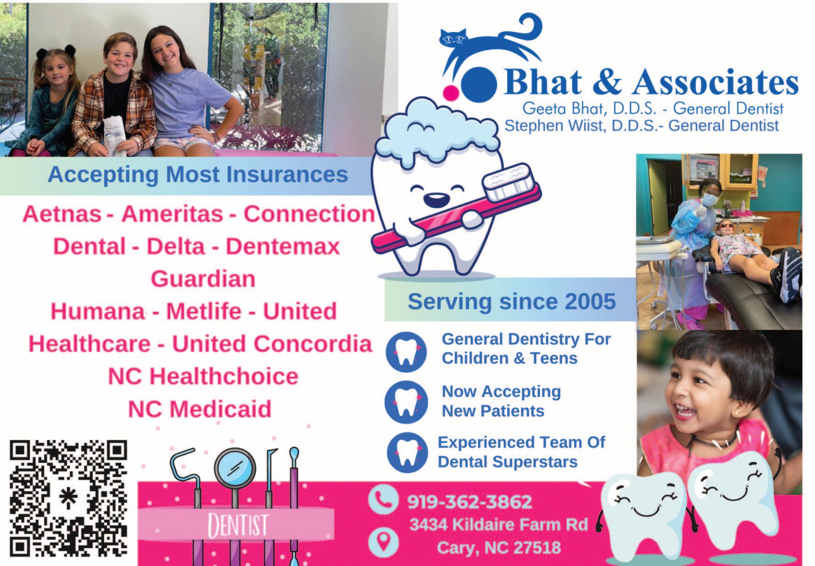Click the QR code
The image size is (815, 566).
tap(69, 499)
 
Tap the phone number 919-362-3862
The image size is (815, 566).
tap(469, 502)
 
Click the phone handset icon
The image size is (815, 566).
tap(383, 499)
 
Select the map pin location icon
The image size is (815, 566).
tap(383, 540)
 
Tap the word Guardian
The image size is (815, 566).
tap(203, 279)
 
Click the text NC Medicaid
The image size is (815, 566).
tap(200, 409)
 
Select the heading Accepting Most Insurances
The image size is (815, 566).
tap(198, 175)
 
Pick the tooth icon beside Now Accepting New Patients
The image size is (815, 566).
tap(406, 402)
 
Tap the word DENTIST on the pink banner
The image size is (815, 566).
tap(238, 525)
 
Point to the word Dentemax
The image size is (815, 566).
tap(283, 247)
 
